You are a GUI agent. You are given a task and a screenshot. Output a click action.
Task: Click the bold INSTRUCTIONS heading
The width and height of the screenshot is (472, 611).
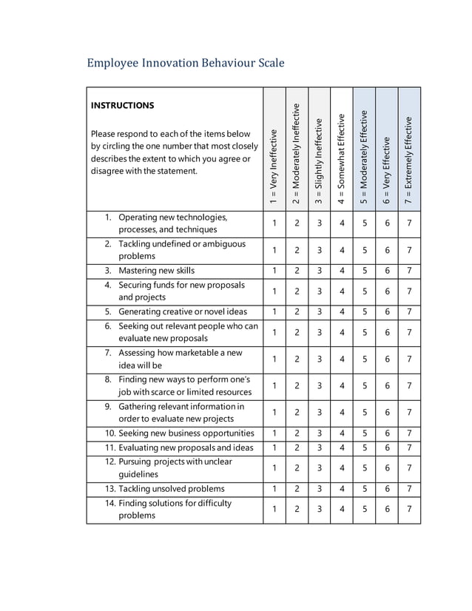(122, 106)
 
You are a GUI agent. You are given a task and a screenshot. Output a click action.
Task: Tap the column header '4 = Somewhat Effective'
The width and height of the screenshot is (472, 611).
(342, 158)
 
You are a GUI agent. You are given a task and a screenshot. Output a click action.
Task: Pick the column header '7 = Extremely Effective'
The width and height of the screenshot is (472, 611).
(409, 160)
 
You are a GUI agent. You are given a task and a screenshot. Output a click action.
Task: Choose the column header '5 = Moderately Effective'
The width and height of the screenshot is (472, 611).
(364, 157)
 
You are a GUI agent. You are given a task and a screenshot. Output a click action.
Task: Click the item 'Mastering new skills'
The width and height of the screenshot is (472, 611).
(156, 271)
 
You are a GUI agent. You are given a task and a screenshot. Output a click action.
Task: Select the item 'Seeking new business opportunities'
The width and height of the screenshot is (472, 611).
(186, 433)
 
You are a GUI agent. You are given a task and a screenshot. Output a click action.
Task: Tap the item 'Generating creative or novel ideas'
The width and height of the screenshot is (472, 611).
(183, 311)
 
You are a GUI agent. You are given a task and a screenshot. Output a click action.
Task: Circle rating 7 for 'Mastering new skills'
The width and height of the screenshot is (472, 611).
(409, 271)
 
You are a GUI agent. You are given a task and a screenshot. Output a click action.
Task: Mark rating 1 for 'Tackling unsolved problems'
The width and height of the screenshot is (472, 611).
(274, 489)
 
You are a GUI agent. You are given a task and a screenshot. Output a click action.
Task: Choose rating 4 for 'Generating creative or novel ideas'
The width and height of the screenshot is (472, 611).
(342, 311)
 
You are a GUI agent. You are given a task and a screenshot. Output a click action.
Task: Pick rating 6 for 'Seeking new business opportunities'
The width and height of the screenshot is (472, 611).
(387, 433)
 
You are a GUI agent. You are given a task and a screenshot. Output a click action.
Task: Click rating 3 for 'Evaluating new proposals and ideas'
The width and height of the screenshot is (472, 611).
(319, 448)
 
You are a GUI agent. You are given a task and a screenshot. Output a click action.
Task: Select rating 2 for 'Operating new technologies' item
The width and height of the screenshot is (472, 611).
(297, 223)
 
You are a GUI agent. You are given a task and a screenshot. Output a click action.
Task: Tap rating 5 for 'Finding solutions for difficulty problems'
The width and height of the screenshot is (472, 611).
(364, 509)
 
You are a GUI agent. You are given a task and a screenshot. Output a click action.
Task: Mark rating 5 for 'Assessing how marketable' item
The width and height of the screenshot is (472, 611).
(364, 359)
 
